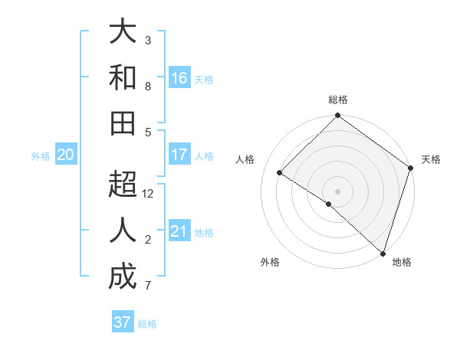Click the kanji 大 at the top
point(123,32)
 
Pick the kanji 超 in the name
point(123,185)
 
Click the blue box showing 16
point(179,78)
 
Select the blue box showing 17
point(179,155)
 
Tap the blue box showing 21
point(179,231)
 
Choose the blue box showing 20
point(65,155)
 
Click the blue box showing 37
point(122,322)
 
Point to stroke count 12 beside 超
point(148,194)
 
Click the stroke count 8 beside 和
point(148,86)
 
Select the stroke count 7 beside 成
point(148,286)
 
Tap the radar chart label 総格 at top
point(338,100)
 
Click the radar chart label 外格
point(270,262)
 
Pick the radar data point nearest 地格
point(382,253)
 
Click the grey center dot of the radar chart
point(338,191)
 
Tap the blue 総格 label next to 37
point(147,323)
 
